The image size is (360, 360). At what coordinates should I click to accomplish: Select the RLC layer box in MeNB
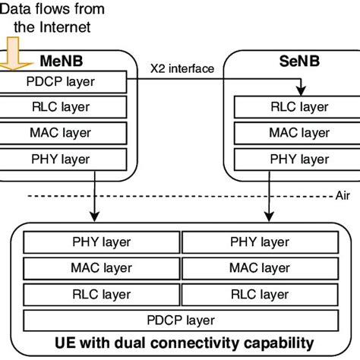57,106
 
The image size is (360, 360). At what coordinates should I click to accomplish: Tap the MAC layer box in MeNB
57,133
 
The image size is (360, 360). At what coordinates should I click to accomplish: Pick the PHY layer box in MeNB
57,159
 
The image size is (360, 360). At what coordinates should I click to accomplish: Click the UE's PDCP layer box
180,319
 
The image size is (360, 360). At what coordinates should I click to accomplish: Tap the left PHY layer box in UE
102,242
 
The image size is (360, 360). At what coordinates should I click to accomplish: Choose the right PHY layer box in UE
258,242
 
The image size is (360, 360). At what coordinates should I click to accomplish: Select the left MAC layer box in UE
102,267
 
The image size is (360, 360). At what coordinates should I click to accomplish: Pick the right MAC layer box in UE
258,267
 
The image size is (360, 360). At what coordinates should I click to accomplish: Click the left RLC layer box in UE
102,293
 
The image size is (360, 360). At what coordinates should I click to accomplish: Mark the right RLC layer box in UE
258,293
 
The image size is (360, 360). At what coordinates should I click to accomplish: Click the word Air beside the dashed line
343,194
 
